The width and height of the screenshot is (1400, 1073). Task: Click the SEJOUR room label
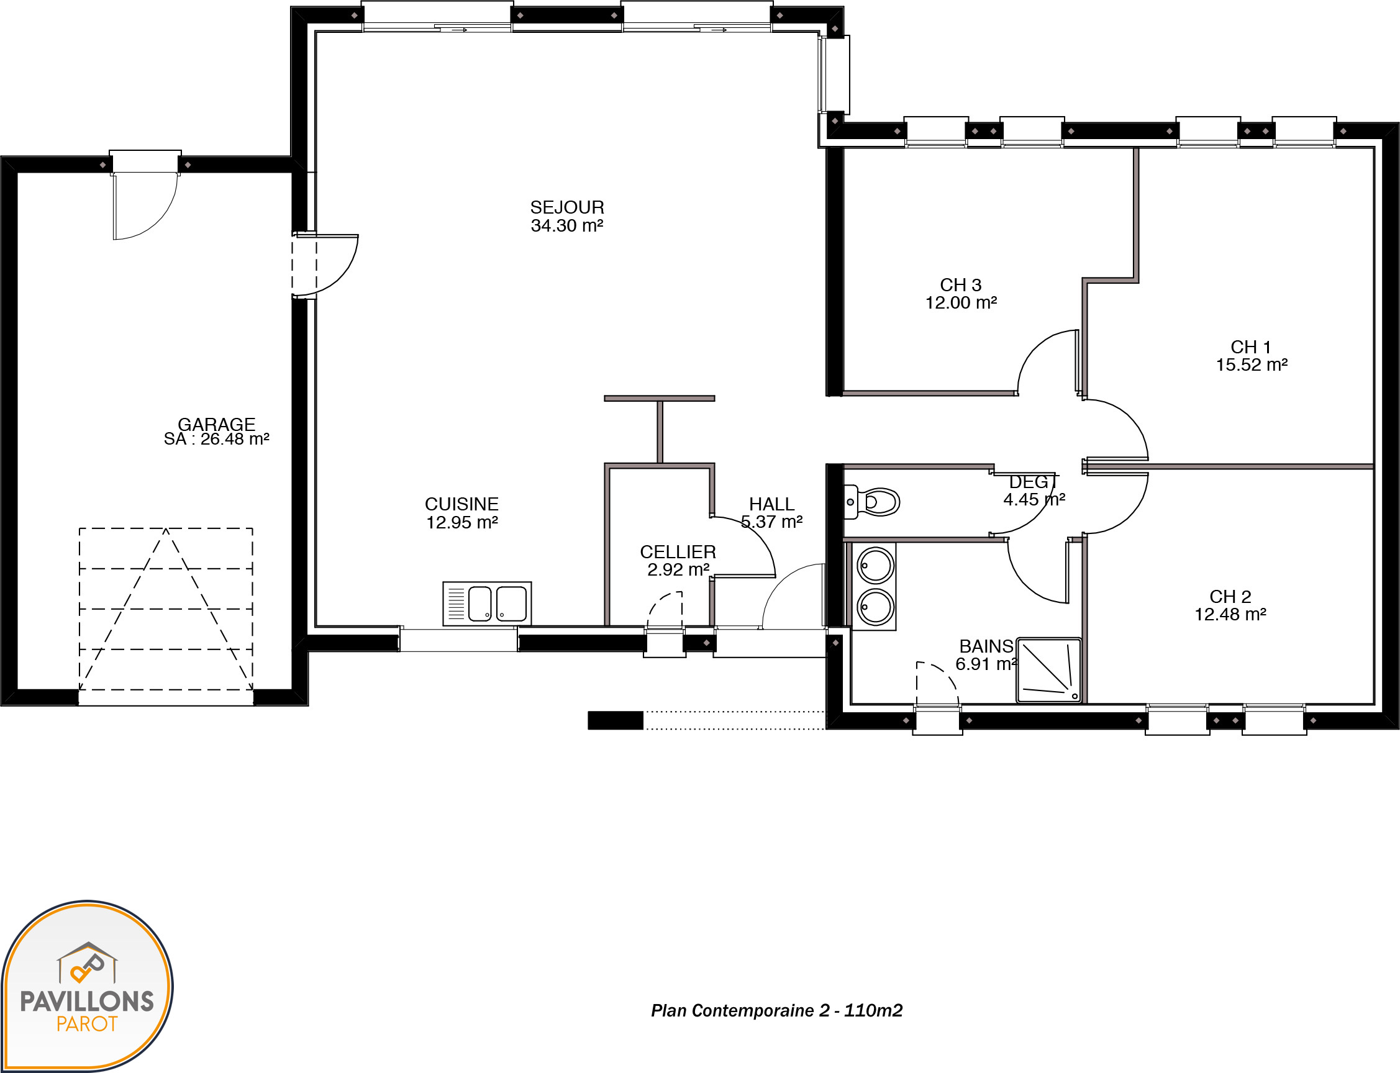click(567, 207)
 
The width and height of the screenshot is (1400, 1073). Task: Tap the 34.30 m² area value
click(567, 225)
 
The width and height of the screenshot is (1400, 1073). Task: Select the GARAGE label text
click(217, 424)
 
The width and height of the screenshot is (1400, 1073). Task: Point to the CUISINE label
click(461, 504)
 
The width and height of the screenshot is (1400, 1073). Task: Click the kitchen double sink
click(488, 604)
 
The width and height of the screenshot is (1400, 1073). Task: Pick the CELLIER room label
click(678, 552)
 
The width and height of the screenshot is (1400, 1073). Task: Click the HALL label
click(772, 504)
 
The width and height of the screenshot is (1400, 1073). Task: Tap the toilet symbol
click(872, 501)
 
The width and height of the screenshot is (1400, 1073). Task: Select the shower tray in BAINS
click(1048, 670)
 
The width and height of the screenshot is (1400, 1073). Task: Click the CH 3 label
click(961, 285)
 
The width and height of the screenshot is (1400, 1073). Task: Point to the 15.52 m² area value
click(1252, 364)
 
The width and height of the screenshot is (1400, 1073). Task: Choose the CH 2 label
click(1230, 597)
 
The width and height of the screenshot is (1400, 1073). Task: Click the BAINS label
click(986, 646)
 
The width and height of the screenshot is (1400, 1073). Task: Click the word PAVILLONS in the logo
click(87, 1002)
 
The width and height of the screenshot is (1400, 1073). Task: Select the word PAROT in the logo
click(87, 1025)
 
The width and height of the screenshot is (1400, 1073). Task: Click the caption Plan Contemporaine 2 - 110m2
click(776, 1010)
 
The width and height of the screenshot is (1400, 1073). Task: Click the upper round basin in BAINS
click(875, 565)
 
